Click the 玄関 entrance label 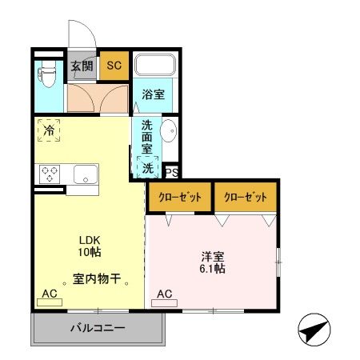81,66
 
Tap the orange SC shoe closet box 114,66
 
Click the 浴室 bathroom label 154,94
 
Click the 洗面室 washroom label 146,137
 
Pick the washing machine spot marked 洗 148,169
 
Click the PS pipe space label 170,172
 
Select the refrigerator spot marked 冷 49,128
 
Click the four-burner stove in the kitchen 50,173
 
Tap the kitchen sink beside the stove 84,173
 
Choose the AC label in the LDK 50,294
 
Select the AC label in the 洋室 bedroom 164,294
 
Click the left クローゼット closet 178,197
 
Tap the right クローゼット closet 245,197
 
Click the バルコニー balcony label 97,328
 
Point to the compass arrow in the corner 314,329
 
